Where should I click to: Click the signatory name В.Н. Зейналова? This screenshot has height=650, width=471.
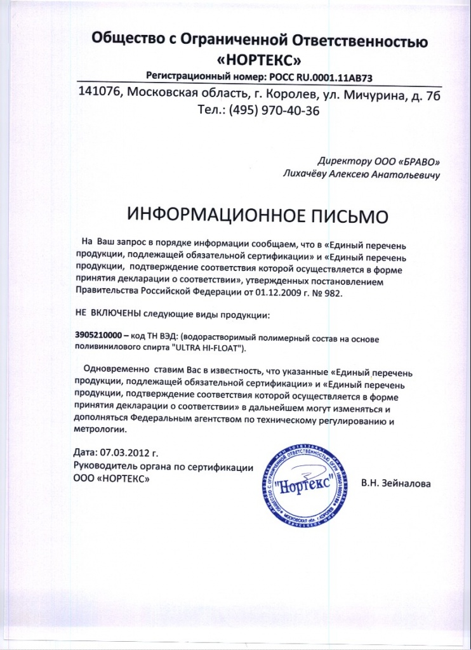(x=395, y=484)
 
